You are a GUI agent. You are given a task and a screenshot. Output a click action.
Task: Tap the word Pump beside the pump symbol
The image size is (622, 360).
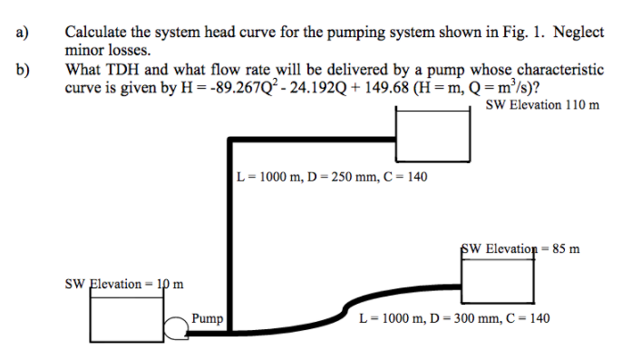[x=207, y=318]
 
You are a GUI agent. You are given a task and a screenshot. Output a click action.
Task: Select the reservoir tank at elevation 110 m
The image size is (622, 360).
[x=432, y=131]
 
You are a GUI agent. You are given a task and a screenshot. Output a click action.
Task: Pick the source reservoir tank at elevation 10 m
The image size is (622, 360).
[x=126, y=314]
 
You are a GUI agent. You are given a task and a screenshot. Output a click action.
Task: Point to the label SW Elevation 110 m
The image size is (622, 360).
[x=542, y=104]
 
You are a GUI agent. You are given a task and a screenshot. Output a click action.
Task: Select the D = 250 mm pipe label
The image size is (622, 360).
[x=331, y=177]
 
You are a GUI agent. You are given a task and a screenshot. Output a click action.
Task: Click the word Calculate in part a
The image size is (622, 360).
[x=94, y=33]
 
